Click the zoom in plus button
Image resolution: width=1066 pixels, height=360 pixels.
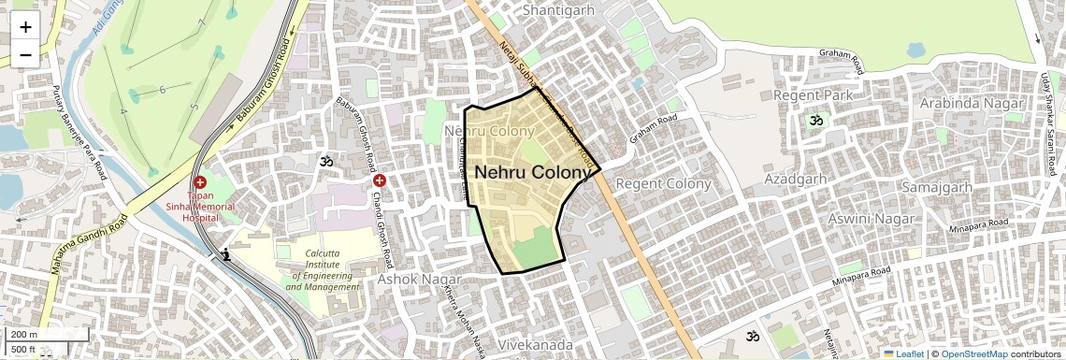pyautogui.click(x=25, y=27)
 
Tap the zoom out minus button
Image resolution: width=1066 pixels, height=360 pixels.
pyautogui.click(x=25, y=54)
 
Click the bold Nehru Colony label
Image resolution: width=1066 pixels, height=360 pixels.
pyautogui.click(x=533, y=173)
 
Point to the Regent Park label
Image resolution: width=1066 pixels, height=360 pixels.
pyautogui.click(x=813, y=96)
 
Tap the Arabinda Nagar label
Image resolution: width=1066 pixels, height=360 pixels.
pyautogui.click(x=972, y=103)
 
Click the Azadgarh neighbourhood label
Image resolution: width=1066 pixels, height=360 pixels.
pyautogui.click(x=796, y=178)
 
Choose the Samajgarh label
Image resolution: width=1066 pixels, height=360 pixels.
pyautogui.click(x=936, y=188)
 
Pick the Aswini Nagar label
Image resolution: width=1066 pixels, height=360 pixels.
pyautogui.click(x=872, y=218)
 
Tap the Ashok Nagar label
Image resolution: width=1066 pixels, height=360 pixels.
pyautogui.click(x=420, y=280)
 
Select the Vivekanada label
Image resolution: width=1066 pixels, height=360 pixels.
pyautogui.click(x=535, y=345)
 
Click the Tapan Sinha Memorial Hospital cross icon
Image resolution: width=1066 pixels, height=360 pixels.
pyautogui.click(x=200, y=181)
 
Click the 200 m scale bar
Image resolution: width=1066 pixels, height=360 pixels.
pyautogui.click(x=22, y=335)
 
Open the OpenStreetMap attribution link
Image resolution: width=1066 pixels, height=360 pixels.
pyautogui.click(x=973, y=354)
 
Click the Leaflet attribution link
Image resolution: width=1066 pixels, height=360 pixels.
pyautogui.click(x=903, y=354)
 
